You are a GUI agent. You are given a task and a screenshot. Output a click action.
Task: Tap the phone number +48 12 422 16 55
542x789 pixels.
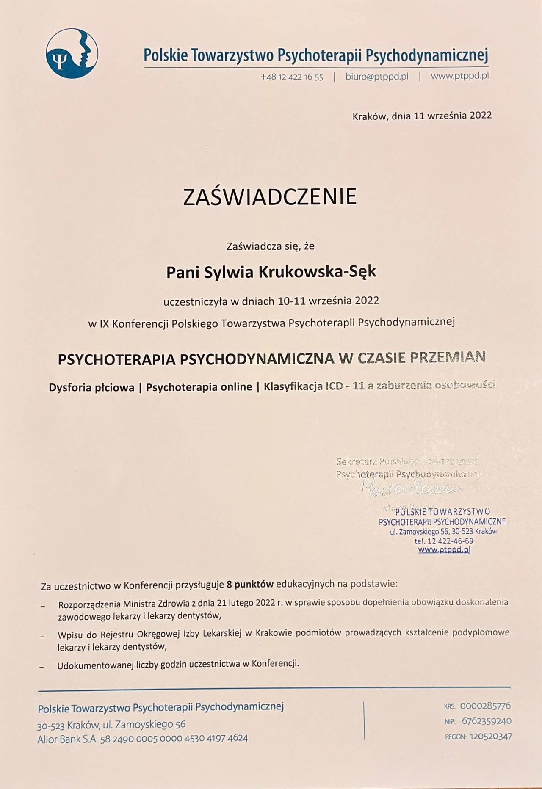292,77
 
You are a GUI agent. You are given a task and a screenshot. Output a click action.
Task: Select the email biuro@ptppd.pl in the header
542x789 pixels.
377,77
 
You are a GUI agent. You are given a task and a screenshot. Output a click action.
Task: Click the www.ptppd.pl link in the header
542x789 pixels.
460,77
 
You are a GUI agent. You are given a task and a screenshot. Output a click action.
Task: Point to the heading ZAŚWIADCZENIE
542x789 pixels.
269,197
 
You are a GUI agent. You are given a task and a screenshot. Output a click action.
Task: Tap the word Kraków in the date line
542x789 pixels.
369,116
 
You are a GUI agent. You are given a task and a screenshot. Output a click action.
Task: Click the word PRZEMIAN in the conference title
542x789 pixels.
448,358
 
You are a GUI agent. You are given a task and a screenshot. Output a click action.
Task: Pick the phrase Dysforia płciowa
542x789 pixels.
91,387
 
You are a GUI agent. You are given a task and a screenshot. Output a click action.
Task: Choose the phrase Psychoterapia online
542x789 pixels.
199,387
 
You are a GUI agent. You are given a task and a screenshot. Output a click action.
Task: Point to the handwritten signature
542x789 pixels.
411,489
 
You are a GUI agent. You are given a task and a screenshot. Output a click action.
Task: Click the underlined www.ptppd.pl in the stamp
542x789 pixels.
444,550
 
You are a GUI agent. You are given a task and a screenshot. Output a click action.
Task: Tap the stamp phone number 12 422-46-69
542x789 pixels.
451,541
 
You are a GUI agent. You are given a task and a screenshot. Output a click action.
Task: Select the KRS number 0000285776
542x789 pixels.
485,706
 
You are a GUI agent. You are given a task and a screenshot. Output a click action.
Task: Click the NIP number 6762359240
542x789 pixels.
487,721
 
